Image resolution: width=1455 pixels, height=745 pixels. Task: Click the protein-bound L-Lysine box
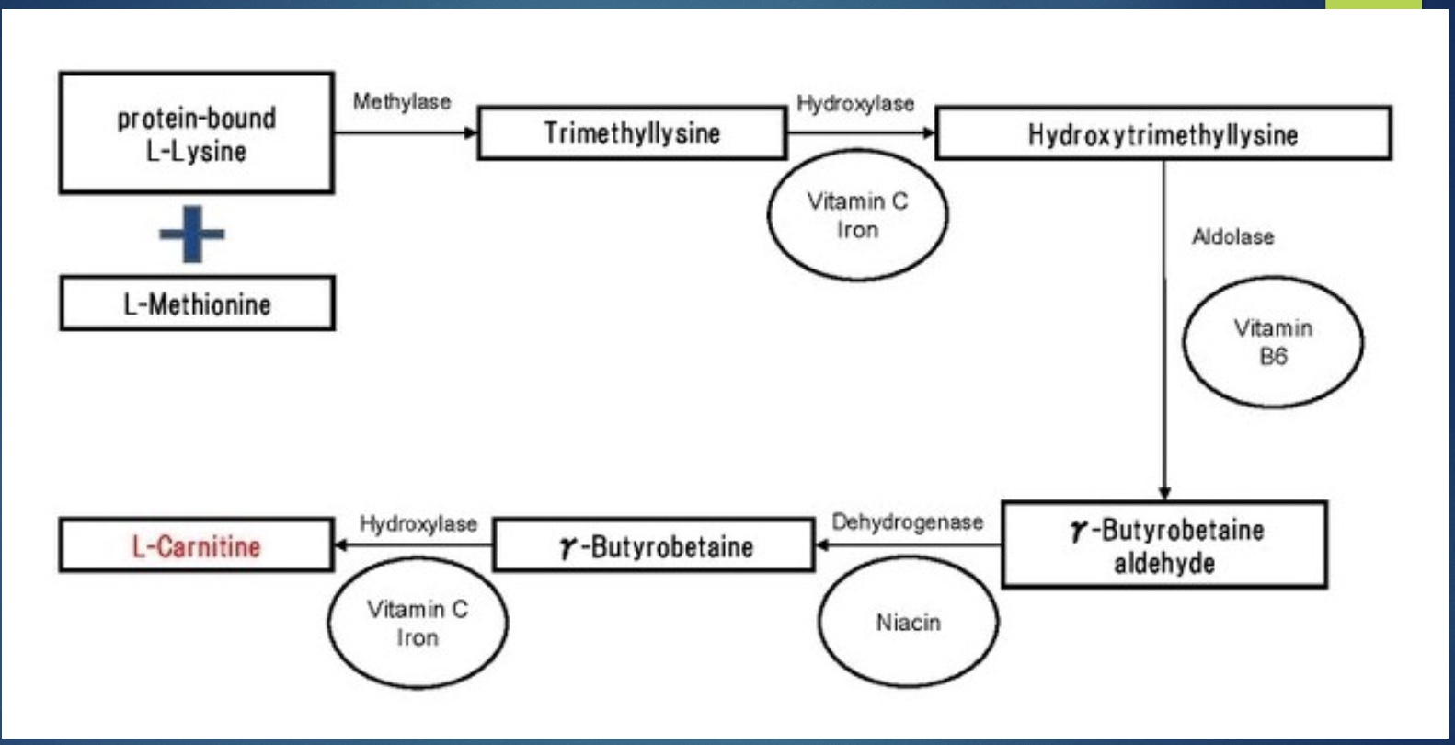196,133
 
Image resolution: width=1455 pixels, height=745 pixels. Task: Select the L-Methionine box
197,304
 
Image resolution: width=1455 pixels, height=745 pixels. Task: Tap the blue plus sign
191,234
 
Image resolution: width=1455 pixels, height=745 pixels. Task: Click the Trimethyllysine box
632,133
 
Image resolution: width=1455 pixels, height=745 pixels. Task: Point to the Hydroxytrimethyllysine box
1163,134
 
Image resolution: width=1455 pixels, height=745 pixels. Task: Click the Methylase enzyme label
402,101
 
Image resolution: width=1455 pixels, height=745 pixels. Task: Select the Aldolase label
1232,237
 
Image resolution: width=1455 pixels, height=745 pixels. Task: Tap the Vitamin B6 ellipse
1273,342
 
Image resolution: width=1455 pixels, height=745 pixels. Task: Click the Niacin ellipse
908,623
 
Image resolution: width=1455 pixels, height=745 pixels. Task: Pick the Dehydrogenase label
907,522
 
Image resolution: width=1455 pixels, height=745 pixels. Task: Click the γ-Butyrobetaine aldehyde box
1164,545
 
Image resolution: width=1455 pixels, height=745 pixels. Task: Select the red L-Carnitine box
196,546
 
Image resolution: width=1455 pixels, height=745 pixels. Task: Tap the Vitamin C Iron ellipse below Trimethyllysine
857,215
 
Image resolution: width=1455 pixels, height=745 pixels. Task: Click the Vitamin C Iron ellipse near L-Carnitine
418,624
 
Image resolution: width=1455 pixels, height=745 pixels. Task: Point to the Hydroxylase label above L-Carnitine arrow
418,524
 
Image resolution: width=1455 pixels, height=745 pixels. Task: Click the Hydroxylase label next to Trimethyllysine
855,103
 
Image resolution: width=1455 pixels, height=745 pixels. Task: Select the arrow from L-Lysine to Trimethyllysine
405,133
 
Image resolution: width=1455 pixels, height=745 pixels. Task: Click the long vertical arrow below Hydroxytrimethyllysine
1164,331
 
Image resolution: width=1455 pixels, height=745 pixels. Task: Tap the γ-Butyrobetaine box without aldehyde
654,546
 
